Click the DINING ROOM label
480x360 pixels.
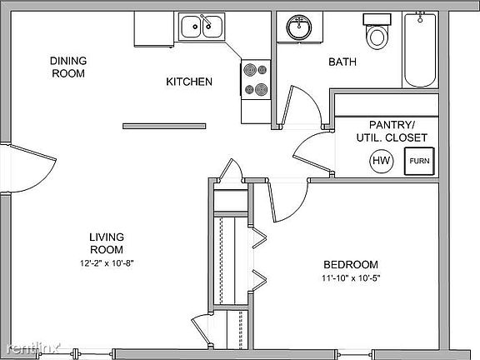click(x=67, y=67)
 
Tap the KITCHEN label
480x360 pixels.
click(x=189, y=82)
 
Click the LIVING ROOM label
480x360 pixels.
click(x=107, y=242)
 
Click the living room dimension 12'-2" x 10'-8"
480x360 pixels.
click(x=107, y=262)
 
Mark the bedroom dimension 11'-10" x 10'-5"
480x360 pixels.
click(x=355, y=278)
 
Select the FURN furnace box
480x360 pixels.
click(x=419, y=161)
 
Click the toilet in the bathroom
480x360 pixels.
click(x=377, y=32)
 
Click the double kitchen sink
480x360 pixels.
click(x=202, y=27)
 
